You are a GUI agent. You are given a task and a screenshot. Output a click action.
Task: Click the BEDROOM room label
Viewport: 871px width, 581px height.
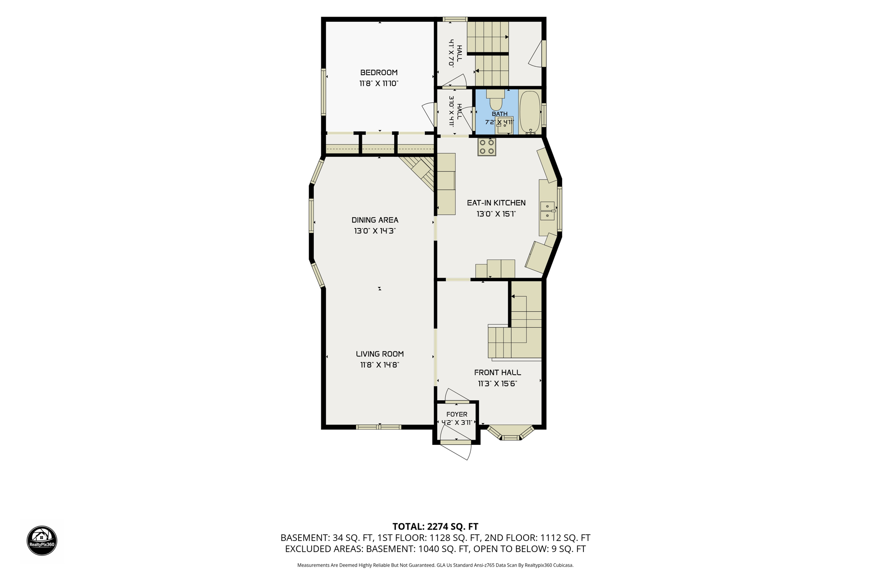pos(379,73)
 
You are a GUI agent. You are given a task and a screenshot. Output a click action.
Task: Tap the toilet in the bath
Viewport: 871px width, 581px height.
pos(495,100)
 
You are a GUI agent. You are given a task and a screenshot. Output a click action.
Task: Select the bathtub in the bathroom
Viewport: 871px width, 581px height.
pos(529,112)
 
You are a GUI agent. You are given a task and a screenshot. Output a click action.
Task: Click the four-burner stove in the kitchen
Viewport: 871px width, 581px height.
pos(487,147)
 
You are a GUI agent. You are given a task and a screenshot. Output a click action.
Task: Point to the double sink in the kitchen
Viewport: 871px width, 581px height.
pos(547,211)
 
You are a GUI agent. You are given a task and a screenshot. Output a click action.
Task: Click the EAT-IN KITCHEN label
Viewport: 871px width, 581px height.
pos(496,203)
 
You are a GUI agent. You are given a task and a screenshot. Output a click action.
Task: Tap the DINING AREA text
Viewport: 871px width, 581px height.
pos(375,220)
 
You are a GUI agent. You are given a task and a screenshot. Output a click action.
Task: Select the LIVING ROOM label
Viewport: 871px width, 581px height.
pos(380,354)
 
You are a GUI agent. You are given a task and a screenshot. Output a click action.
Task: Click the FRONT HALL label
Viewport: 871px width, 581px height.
pos(497,373)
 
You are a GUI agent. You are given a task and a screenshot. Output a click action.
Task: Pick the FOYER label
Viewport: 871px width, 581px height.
pos(457,414)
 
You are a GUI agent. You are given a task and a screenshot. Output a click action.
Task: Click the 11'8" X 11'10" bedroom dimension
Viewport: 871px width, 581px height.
pos(379,84)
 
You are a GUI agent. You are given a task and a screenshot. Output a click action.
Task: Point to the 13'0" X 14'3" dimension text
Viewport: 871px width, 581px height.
pos(375,231)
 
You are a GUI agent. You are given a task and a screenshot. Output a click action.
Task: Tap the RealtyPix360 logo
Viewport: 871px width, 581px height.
pos(42,541)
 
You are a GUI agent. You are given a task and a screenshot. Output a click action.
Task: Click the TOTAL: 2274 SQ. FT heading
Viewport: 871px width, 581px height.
pos(435,527)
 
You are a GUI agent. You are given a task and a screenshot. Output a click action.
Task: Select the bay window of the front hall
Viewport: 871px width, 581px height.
pos(510,433)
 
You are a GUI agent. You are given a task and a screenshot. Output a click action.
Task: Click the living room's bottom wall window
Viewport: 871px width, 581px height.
pos(379,427)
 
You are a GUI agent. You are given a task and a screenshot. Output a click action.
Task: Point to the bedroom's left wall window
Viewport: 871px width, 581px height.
pos(324,92)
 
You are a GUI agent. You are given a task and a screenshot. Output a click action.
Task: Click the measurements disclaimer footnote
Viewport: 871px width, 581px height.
pos(435,565)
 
